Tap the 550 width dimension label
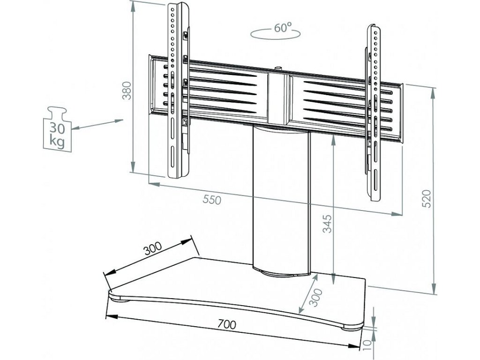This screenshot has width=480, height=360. pos(211,199)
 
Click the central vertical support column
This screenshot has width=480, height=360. pos(280,197)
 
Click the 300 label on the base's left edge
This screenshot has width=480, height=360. pos(152,249)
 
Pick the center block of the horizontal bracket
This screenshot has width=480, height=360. pos(278,96)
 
